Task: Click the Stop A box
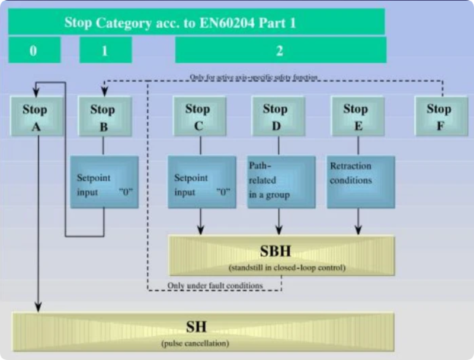pyautogui.click(x=35, y=117)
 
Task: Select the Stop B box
pyautogui.click(x=103, y=117)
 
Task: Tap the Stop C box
pyautogui.click(x=197, y=117)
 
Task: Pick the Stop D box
pyautogui.click(x=275, y=117)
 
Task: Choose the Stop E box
pyautogui.click(x=355, y=117)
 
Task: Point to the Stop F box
pyautogui.click(x=439, y=117)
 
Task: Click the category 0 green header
pyautogui.click(x=34, y=50)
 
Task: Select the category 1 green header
pyautogui.click(x=105, y=50)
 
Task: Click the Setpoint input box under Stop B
pyautogui.click(x=104, y=182)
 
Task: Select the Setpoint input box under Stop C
pyautogui.click(x=201, y=182)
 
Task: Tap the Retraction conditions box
pyautogui.click(x=361, y=182)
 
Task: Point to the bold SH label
pyautogui.click(x=196, y=327)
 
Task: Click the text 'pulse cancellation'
pyautogui.click(x=196, y=343)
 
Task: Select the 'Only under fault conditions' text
pyautogui.click(x=214, y=285)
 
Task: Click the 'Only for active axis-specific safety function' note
pyautogui.click(x=254, y=77)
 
